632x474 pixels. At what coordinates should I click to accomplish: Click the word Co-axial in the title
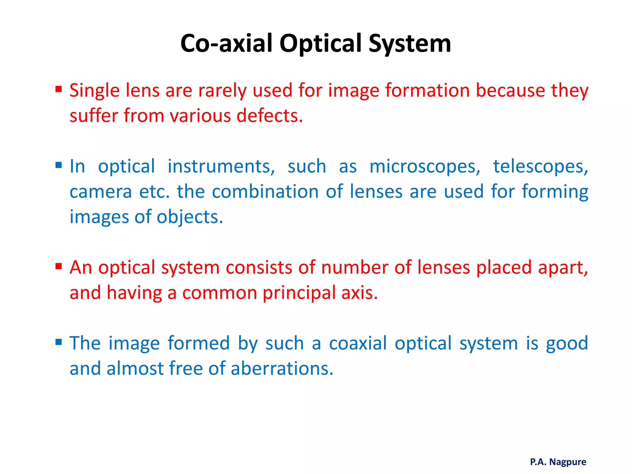point(227,43)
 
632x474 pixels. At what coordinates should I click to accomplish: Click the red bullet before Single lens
point(59,89)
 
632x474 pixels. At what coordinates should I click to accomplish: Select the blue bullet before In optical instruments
point(59,165)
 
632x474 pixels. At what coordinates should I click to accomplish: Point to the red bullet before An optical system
point(59,266)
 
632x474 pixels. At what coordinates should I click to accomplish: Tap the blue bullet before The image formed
point(59,342)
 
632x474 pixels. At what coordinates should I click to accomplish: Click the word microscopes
point(425,167)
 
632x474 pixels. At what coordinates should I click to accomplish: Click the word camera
point(101,192)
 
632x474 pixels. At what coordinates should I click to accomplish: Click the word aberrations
point(282,368)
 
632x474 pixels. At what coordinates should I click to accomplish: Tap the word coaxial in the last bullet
point(358,343)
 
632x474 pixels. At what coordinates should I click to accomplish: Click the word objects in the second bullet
point(189,217)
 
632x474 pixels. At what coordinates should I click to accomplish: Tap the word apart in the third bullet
point(562,268)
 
